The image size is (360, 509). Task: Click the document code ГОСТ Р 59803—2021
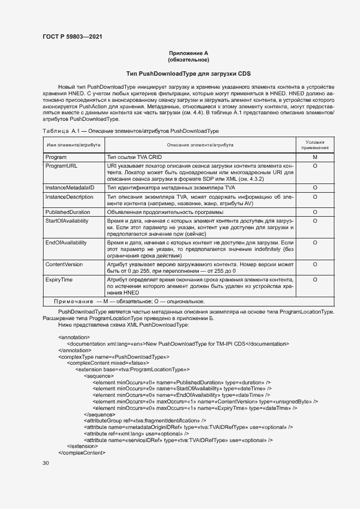click(x=72, y=37)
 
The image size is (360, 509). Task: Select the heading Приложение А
click(x=188, y=53)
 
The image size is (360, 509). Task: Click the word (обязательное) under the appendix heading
click(x=188, y=59)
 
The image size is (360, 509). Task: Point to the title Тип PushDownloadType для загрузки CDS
click(x=188, y=73)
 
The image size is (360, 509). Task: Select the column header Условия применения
click(x=315, y=145)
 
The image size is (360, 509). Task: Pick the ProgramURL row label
click(x=61, y=165)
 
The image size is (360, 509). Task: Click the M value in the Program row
click(x=315, y=157)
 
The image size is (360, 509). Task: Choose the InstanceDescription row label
click(x=69, y=197)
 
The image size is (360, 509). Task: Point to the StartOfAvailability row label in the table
click(x=67, y=221)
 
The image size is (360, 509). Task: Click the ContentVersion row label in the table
click(x=64, y=264)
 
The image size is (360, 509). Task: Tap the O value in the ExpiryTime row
click(x=315, y=279)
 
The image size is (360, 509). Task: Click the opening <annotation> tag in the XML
click(x=74, y=337)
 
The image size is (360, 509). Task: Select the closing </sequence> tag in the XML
click(x=99, y=414)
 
